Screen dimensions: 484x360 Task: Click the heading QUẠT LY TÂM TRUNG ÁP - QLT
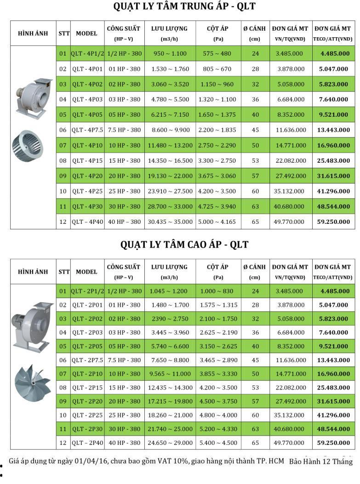point(184,7)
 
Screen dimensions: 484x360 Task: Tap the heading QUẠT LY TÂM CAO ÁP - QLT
point(184,244)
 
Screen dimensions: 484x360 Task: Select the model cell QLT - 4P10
point(87,145)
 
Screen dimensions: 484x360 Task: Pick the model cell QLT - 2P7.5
point(87,360)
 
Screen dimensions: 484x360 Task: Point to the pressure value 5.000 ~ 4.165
point(218,222)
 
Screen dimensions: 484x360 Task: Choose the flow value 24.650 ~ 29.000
point(170,443)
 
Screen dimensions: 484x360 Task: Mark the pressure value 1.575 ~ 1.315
point(218,305)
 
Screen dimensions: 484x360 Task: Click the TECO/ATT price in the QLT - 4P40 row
point(333,222)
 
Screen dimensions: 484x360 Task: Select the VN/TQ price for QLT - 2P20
point(290,401)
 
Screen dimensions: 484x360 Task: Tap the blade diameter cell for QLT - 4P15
point(255,160)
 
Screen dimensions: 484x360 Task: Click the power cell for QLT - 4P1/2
point(124,53)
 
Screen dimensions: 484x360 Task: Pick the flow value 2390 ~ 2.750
point(169,319)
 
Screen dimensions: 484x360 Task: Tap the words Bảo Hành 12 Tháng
point(320,461)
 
